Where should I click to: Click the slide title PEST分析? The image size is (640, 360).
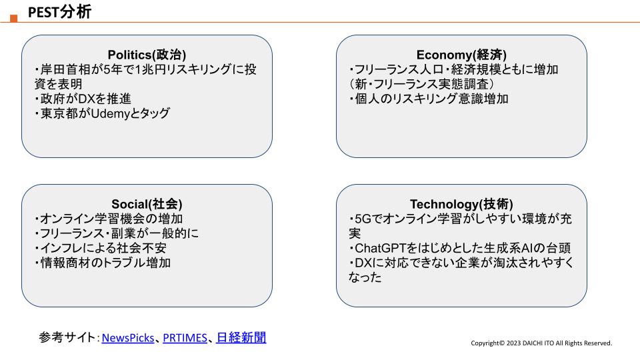click(59, 12)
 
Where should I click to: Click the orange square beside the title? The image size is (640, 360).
click(14, 19)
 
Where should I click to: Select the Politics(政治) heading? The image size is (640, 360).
click(147, 55)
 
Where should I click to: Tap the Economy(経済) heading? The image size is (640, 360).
click(461, 55)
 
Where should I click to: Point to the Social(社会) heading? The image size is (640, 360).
click(147, 204)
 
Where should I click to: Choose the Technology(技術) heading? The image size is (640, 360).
click(461, 204)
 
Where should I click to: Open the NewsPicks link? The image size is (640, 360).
click(128, 338)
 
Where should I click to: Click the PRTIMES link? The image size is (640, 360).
click(185, 338)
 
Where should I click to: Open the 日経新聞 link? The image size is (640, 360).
click(241, 337)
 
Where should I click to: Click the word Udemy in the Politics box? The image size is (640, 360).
click(110, 113)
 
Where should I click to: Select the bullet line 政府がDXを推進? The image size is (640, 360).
click(83, 99)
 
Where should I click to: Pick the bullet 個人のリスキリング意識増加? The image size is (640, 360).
click(429, 99)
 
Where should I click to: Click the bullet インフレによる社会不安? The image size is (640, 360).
click(101, 248)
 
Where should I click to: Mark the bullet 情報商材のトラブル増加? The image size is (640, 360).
click(103, 263)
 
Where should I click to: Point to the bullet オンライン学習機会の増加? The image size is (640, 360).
click(109, 219)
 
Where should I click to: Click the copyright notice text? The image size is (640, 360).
click(541, 343)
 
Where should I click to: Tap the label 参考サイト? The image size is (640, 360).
click(67, 337)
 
